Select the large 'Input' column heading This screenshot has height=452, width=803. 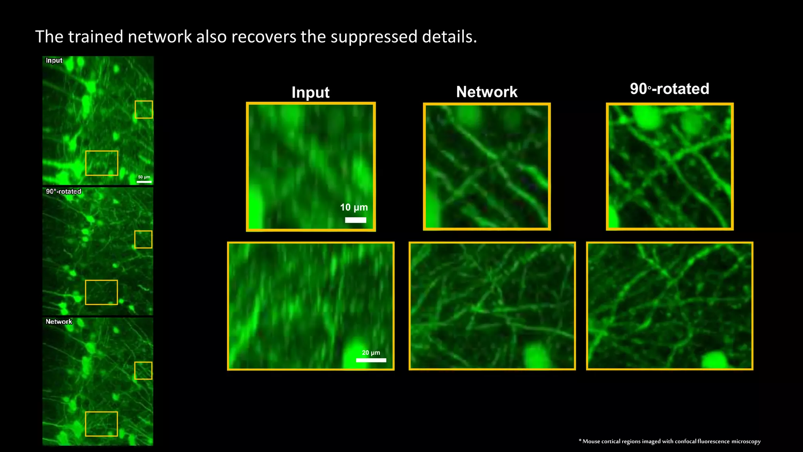point(311,93)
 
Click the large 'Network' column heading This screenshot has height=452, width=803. point(487,92)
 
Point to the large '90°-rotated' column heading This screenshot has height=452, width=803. point(669,89)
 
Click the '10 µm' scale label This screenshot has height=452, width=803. point(354,208)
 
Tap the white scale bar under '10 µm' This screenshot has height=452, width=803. point(356,220)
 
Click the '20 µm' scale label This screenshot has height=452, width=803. point(371,353)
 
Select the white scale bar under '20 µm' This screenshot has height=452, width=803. point(371,360)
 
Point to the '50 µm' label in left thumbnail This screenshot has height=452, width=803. point(144,177)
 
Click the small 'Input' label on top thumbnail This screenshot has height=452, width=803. point(54,60)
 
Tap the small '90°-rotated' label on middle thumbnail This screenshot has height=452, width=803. point(64,191)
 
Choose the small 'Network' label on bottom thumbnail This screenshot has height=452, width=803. point(59,322)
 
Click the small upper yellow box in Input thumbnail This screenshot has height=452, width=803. point(144,109)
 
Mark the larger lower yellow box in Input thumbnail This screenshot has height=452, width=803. point(102,163)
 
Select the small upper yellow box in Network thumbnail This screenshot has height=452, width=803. point(144,370)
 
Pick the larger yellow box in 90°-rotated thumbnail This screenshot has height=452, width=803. point(101,292)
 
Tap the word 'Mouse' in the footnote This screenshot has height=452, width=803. point(591,441)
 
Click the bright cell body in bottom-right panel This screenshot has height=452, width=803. point(715,360)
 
